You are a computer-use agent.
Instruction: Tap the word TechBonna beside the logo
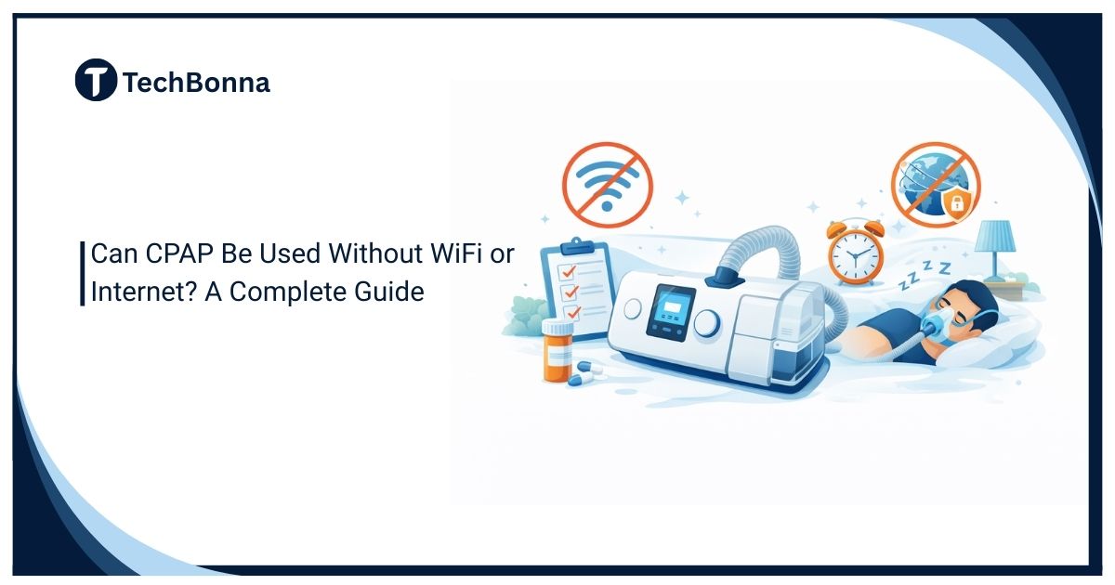pyautogui.click(x=196, y=83)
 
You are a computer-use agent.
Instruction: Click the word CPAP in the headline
pyautogui.click(x=173, y=254)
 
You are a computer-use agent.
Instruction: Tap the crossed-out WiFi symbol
pyautogui.click(x=608, y=182)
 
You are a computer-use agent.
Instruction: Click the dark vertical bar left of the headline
pyautogui.click(x=83, y=273)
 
